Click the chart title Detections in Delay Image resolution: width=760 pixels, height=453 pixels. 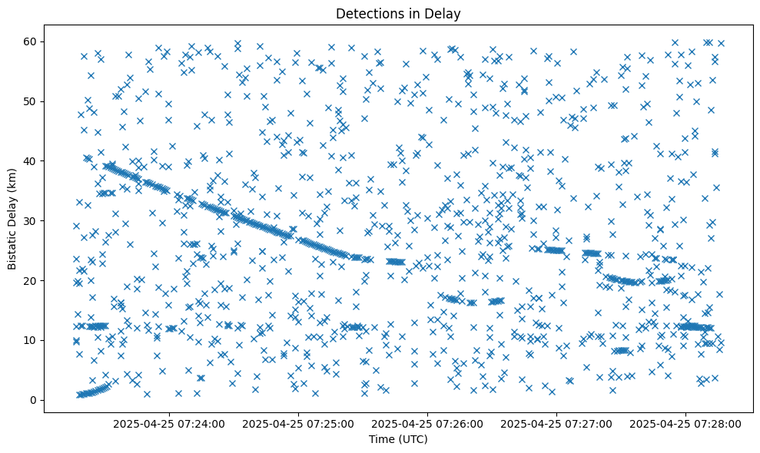[x=398, y=13]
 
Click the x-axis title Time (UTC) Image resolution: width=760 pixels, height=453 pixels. [x=398, y=439]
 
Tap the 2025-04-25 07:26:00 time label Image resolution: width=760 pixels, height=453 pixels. [x=426, y=423]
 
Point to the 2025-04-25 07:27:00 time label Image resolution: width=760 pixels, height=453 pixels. [x=556, y=423]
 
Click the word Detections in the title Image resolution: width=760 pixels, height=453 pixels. [x=367, y=13]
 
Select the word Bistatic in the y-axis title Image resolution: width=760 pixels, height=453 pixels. [x=13, y=248]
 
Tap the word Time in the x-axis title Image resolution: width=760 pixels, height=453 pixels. [x=381, y=439]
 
